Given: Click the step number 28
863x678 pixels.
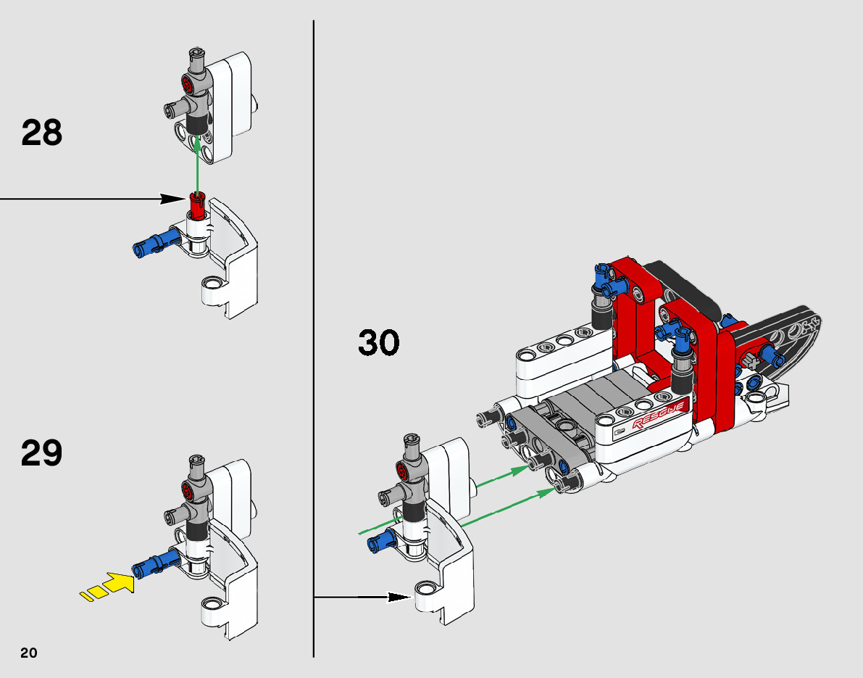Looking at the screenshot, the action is point(42,133).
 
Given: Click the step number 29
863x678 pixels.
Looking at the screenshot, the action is point(42,453).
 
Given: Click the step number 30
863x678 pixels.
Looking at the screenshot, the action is point(379,342).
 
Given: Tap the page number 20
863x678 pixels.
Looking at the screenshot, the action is point(29,653).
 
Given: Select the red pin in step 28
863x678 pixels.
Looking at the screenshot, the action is point(197,206).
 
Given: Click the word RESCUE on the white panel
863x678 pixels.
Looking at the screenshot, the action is point(659,416).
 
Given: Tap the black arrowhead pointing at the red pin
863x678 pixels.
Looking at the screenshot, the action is point(173,199).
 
